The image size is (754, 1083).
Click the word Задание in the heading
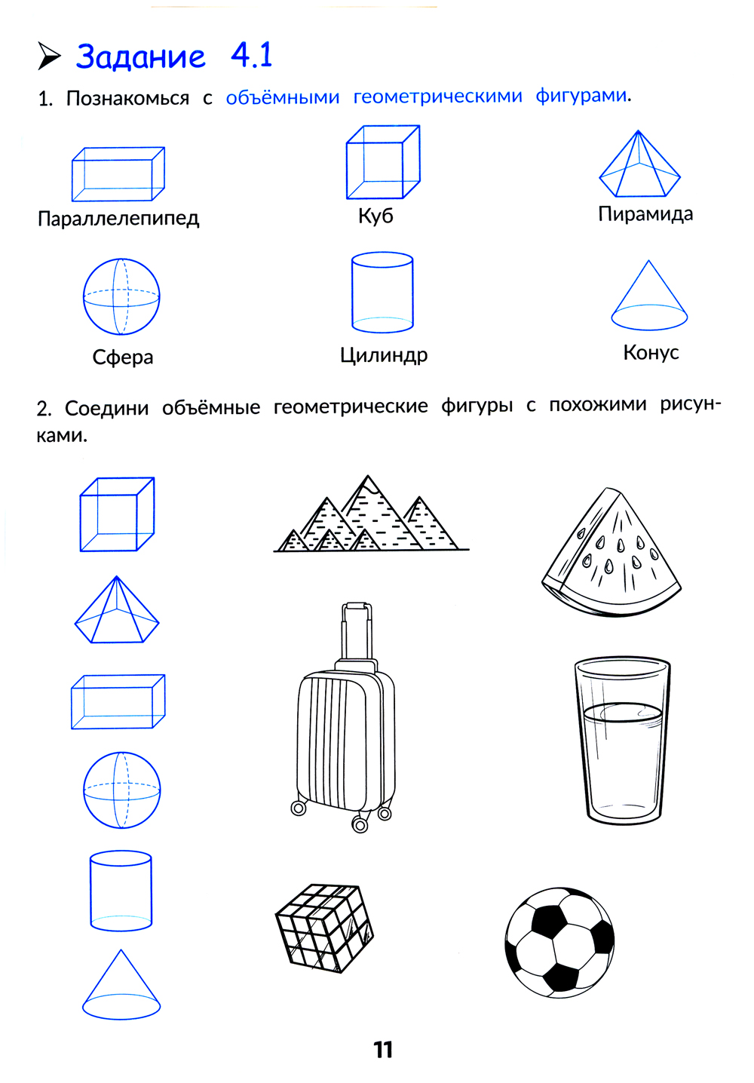[x=141, y=57]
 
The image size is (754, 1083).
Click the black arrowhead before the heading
[x=49, y=57]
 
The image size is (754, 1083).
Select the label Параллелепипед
[x=118, y=219]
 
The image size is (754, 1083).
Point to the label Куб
[x=375, y=216]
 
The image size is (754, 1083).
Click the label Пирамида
[x=645, y=213]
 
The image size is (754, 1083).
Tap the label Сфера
[x=123, y=357]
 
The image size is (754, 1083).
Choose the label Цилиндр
[x=384, y=355]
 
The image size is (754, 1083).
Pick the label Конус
[x=651, y=352]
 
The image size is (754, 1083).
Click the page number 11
[x=383, y=1050]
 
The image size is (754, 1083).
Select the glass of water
[x=622, y=741]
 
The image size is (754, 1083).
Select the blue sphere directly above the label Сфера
[x=121, y=296]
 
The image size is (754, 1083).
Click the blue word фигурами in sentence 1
[x=581, y=96]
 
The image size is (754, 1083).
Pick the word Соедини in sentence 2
[x=107, y=409]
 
